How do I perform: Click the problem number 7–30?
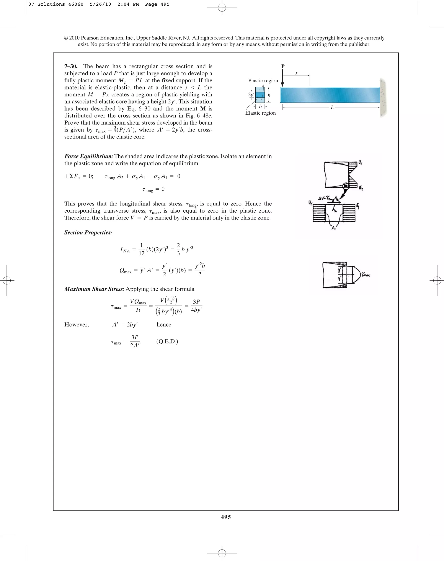[71, 66]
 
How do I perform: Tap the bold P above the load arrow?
[283, 66]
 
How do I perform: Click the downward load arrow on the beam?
[282, 78]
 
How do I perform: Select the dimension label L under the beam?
[332, 107]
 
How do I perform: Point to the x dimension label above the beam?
[297, 73]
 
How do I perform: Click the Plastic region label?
[263, 81]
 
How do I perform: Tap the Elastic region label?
[260, 113]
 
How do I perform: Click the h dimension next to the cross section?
[269, 95]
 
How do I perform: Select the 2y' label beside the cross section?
[251, 94]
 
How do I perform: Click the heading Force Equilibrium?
[89, 156]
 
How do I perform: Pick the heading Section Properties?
[88, 233]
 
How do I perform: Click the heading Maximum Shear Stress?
[94, 289]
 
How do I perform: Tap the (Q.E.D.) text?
[167, 341]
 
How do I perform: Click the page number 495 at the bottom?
[226, 517]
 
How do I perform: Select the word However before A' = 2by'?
[77, 325]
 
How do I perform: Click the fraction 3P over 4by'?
[196, 306]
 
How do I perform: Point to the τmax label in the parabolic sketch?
[366, 275]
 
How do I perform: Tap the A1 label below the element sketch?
[333, 228]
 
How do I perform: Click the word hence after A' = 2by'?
[164, 325]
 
